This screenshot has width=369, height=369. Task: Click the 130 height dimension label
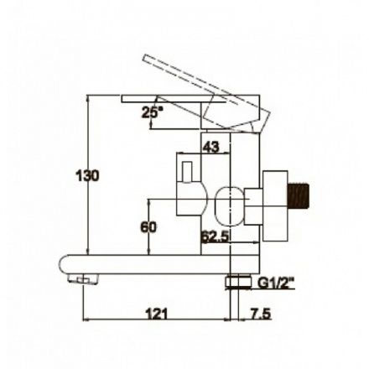(x=87, y=176)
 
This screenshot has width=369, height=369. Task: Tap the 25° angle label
(x=153, y=112)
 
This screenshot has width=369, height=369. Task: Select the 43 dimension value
(x=211, y=147)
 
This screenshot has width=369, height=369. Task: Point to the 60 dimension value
(x=148, y=227)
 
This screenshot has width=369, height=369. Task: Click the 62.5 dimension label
(x=215, y=236)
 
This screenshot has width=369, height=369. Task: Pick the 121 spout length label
(x=157, y=314)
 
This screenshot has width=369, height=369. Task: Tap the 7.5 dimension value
(x=260, y=314)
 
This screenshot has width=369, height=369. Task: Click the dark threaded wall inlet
(x=299, y=195)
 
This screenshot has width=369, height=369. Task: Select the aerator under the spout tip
(x=84, y=279)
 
